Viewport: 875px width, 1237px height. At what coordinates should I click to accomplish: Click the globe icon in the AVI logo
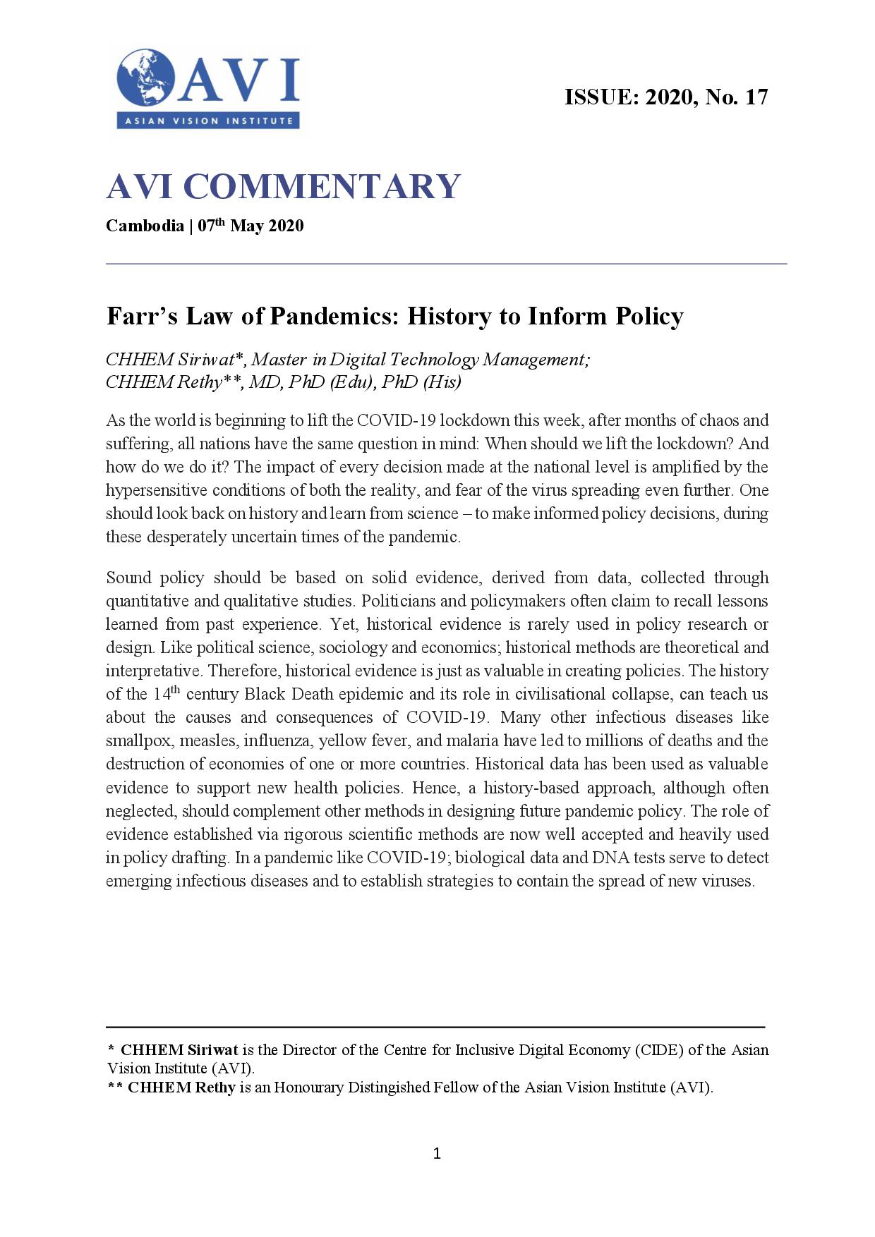coord(146,78)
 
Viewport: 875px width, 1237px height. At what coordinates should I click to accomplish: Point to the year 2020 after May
coord(286,226)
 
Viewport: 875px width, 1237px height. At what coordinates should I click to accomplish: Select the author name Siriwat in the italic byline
coord(205,360)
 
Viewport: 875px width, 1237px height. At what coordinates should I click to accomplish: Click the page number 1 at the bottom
coord(437,1154)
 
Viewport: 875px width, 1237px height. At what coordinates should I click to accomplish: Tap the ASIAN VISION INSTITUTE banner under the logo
coord(209,121)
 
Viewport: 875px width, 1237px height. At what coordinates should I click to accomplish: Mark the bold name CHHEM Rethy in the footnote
coord(181,1087)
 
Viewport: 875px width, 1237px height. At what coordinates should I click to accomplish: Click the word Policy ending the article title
coord(648,316)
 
